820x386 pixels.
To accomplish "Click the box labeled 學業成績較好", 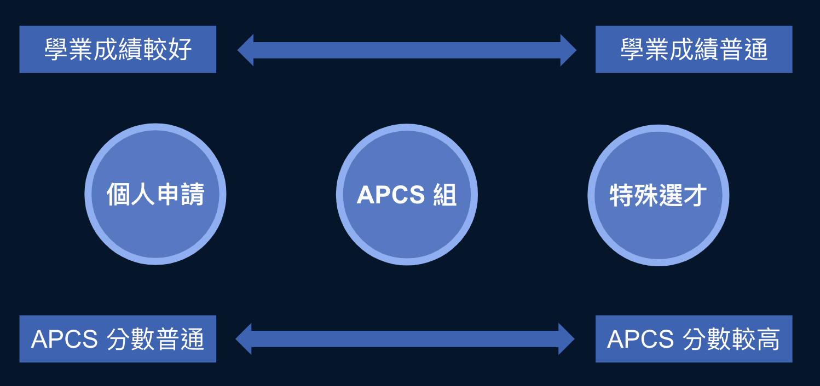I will click(118, 49).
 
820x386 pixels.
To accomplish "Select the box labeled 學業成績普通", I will click(694, 49).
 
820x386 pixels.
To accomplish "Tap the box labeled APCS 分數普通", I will click(118, 339).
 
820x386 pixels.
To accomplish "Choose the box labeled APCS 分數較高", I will click(694, 339).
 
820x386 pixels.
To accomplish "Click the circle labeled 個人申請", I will click(155, 194).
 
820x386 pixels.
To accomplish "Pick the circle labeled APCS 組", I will click(407, 195).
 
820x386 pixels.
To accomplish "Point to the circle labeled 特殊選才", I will click(658, 195).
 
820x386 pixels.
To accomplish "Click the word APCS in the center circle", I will click(391, 195).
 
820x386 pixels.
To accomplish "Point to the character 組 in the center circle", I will click(444, 195).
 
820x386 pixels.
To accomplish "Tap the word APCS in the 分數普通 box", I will click(65, 340).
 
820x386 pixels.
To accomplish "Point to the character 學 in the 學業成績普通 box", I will click(633, 50).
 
